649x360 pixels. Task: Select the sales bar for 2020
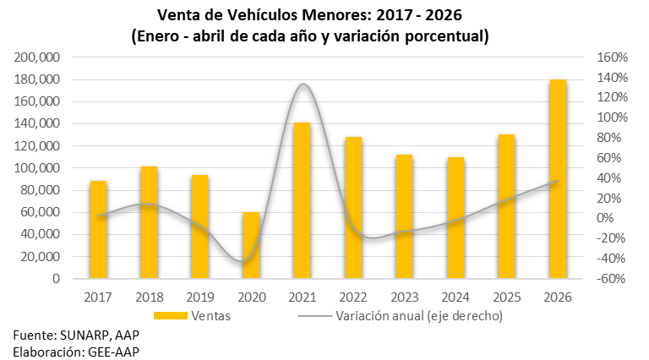pyautogui.click(x=251, y=245)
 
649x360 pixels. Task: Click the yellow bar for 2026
pyautogui.click(x=558, y=179)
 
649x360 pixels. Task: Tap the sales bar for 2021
pyautogui.click(x=303, y=200)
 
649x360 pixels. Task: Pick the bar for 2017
pyautogui.click(x=99, y=229)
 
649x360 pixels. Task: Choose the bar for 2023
pyautogui.click(x=405, y=216)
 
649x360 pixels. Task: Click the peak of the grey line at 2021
pyautogui.click(x=303, y=84)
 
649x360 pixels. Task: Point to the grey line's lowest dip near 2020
pyautogui.click(x=242, y=261)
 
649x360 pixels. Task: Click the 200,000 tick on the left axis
pyautogui.click(x=37, y=57)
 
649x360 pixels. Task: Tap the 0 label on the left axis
pyautogui.click(x=56, y=279)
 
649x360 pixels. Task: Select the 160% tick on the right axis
pyautogui.click(x=612, y=57)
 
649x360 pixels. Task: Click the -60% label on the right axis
pyautogui.click(x=610, y=279)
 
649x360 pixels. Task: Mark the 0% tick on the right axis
pyautogui.click(x=605, y=218)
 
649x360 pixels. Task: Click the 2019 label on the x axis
pyautogui.click(x=200, y=297)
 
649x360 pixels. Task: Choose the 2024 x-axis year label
pyautogui.click(x=455, y=297)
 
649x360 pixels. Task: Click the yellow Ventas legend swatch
pyautogui.click(x=171, y=316)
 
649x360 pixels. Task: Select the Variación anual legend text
pyautogui.click(x=419, y=316)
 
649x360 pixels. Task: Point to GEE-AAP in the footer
pyautogui.click(x=113, y=352)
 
